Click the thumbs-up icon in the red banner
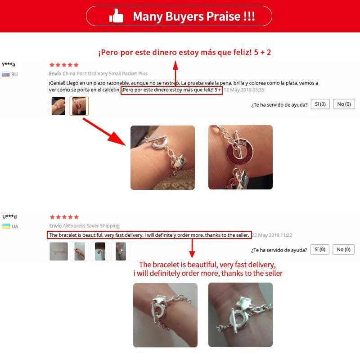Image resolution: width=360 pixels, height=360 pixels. (x=116, y=16)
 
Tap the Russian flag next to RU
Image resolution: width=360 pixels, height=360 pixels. (x=6, y=74)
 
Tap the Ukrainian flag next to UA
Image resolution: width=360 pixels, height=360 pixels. (x=6, y=226)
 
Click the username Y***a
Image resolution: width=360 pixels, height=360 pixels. (x=9, y=64)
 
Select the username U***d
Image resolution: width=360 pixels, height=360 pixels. (x=9, y=216)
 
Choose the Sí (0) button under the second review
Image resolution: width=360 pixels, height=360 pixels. (x=320, y=249)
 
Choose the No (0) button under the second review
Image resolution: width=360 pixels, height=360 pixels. (x=343, y=249)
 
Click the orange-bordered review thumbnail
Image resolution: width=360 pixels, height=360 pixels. (x=79, y=106)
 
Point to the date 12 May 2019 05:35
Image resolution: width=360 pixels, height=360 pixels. (x=244, y=90)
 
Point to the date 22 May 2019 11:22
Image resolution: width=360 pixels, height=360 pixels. (x=272, y=235)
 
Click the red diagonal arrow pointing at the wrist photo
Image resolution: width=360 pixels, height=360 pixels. (x=104, y=131)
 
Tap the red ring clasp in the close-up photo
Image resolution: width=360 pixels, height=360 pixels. (x=240, y=152)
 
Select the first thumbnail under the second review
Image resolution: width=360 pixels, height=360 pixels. (x=58, y=252)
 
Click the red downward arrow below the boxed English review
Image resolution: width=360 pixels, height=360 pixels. (x=192, y=248)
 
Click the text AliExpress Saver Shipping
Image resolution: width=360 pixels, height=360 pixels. (x=91, y=226)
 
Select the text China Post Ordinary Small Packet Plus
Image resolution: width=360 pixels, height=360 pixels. (x=105, y=73)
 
